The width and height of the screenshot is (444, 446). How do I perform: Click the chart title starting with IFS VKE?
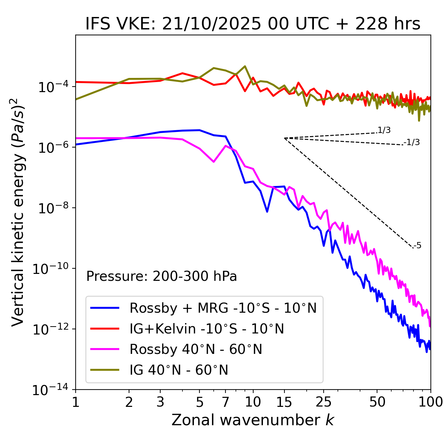(x=253, y=24)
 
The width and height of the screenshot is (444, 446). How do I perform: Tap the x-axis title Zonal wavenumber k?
(x=253, y=420)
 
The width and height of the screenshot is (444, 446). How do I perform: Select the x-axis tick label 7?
(x=226, y=402)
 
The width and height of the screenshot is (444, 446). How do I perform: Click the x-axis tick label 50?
(x=377, y=402)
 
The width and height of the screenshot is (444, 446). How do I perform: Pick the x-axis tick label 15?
(x=284, y=402)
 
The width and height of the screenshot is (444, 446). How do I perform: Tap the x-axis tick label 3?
(x=160, y=402)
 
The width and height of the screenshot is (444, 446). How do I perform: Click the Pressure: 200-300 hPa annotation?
(x=162, y=276)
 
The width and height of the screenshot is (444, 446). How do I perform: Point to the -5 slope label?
(x=417, y=246)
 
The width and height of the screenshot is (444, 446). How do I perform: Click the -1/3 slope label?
(x=412, y=142)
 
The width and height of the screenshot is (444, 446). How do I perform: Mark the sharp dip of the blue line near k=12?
(x=267, y=211)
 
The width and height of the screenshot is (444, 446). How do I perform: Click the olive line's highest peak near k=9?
(x=245, y=66)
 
